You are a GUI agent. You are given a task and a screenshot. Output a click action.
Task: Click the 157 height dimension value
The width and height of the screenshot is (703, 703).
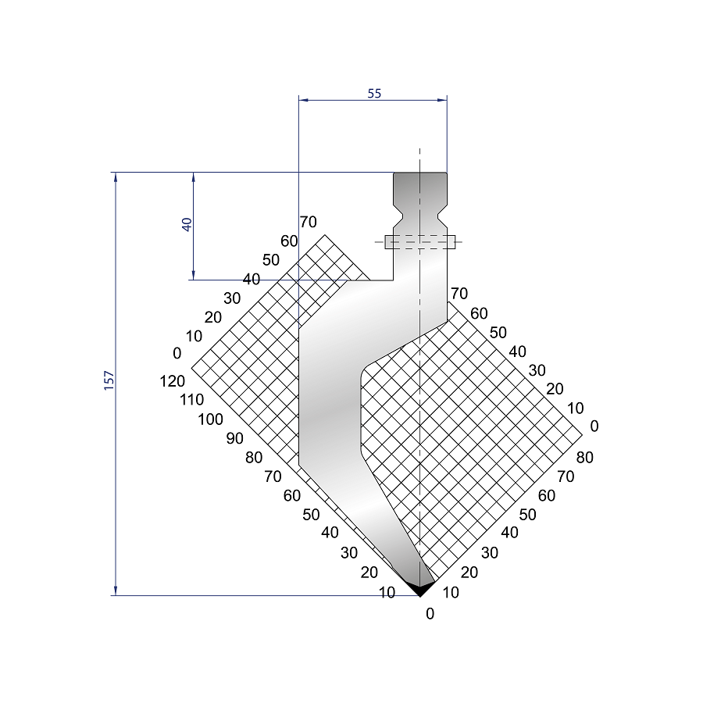click(x=109, y=380)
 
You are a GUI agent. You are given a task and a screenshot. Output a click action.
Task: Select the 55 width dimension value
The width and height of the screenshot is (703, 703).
click(x=374, y=93)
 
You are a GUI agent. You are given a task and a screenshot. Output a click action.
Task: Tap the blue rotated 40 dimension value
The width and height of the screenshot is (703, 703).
click(x=187, y=224)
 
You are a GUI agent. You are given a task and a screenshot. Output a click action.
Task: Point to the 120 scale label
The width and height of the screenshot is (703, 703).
click(x=172, y=381)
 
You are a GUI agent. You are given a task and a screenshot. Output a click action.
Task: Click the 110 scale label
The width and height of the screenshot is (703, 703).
click(x=191, y=399)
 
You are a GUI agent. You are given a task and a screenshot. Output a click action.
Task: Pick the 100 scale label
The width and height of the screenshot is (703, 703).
click(x=210, y=419)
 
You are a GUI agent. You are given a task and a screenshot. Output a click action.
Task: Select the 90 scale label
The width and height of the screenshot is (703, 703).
click(x=234, y=438)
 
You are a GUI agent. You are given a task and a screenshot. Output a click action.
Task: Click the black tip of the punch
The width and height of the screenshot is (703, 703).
click(x=419, y=588)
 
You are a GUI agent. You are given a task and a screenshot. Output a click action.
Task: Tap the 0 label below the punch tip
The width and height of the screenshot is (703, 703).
click(x=430, y=613)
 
